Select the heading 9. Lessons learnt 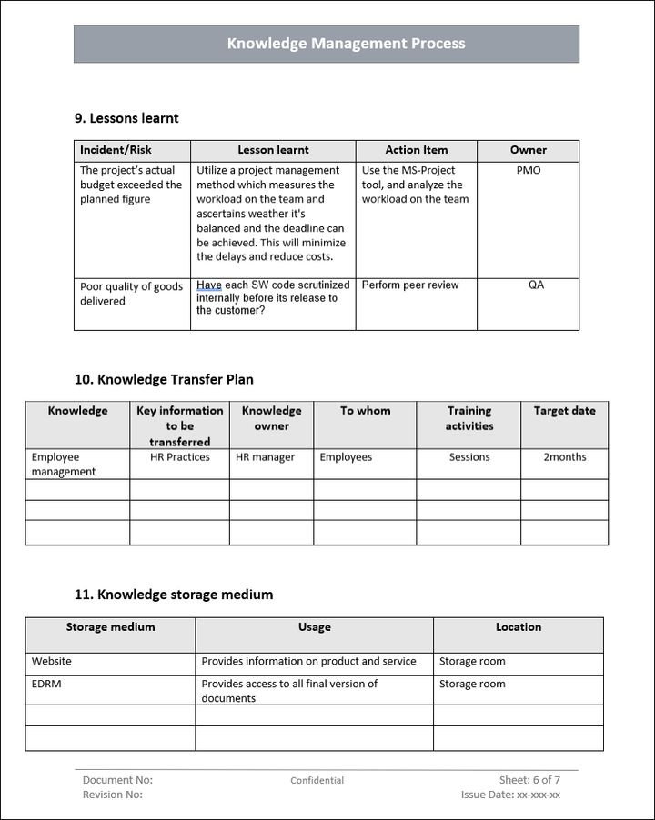pos(126,118)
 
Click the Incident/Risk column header pos(116,150)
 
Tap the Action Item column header pos(416,150)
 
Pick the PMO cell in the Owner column pos(528,170)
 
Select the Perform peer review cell pos(410,285)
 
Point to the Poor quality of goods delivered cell pos(131,294)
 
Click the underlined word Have pos(208,285)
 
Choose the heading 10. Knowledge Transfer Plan pos(164,380)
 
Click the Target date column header pos(564,411)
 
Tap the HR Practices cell pos(179,457)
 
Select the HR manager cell pos(265,457)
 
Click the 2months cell pos(564,457)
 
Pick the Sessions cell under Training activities pos(469,457)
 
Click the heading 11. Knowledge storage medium pos(173,595)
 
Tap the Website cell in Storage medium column pos(52,662)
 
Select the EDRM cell pos(46,684)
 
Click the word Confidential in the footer pos(317,780)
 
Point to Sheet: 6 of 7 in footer pos(529,780)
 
